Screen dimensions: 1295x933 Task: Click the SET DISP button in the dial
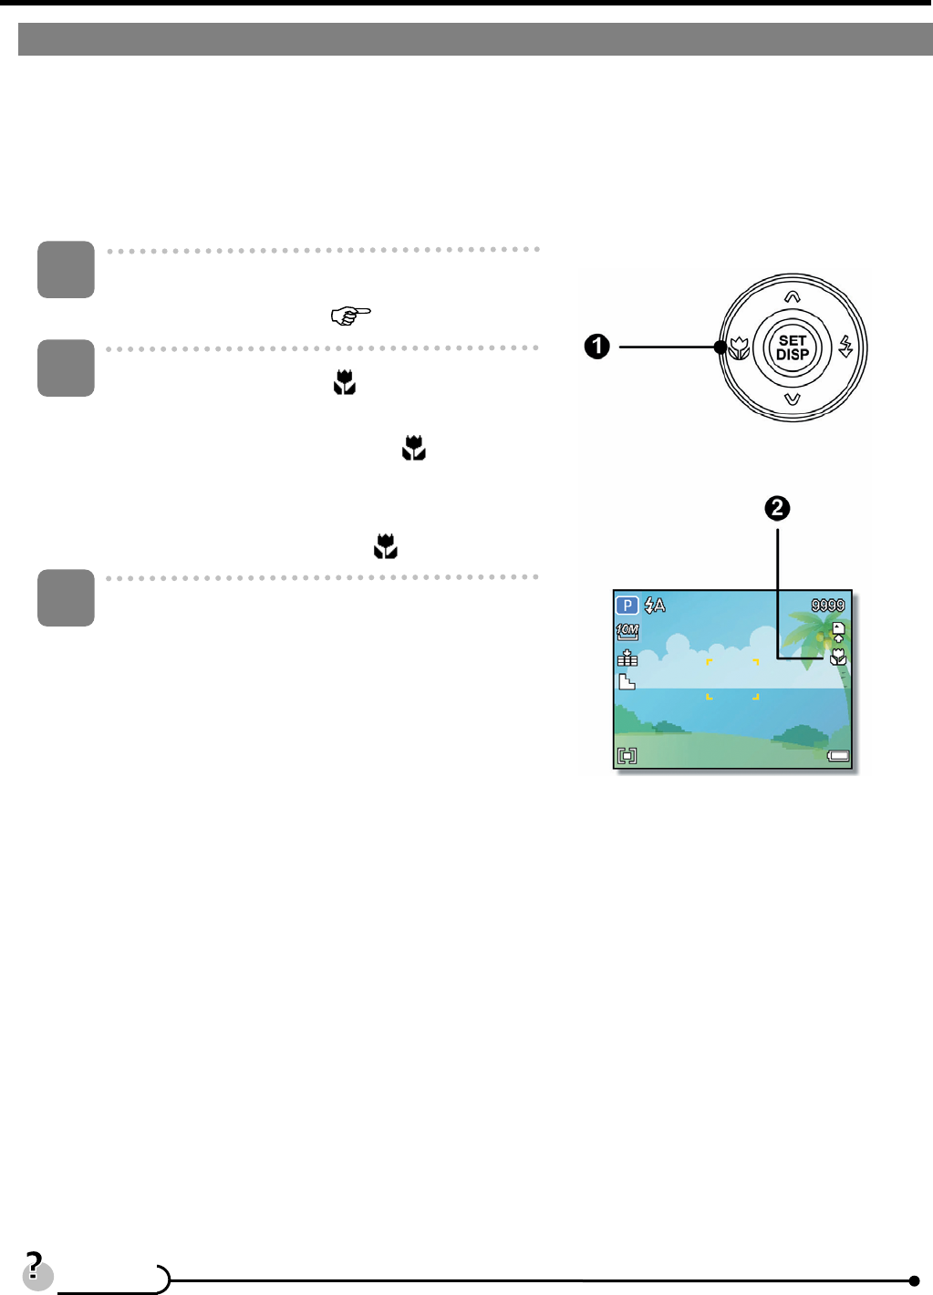(793, 347)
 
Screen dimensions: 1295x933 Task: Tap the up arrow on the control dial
(793, 296)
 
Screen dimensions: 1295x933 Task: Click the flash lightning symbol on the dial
(846, 347)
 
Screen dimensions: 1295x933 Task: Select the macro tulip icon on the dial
(740, 347)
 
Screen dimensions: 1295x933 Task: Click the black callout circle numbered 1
(597, 347)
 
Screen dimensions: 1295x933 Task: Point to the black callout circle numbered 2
(777, 508)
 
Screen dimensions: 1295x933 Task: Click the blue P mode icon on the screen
(627, 605)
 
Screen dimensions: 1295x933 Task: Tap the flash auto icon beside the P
(655, 605)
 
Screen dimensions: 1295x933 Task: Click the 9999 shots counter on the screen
(828, 605)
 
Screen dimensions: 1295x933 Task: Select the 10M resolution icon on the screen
(627, 630)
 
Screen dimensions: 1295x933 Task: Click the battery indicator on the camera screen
(838, 755)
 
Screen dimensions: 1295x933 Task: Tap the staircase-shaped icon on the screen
(627, 681)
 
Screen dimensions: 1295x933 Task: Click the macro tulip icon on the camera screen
(838, 657)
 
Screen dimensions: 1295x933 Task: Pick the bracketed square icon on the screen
(627, 755)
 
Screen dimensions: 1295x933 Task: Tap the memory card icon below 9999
(838, 631)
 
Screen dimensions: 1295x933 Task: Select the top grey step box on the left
(66, 269)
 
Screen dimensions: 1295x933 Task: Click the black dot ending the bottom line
(914, 1280)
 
